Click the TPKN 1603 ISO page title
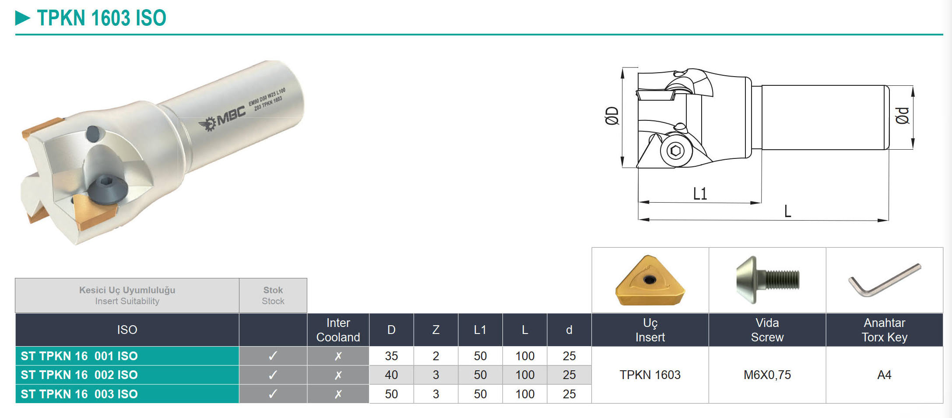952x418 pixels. (x=102, y=18)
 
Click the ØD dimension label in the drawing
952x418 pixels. (x=612, y=116)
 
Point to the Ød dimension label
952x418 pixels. (x=903, y=116)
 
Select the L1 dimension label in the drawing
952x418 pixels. (x=700, y=193)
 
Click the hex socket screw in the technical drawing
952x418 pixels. (x=675, y=151)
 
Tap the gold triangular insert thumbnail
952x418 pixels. (x=650, y=280)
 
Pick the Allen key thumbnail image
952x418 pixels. (x=885, y=280)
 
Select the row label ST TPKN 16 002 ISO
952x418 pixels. (x=79, y=375)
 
